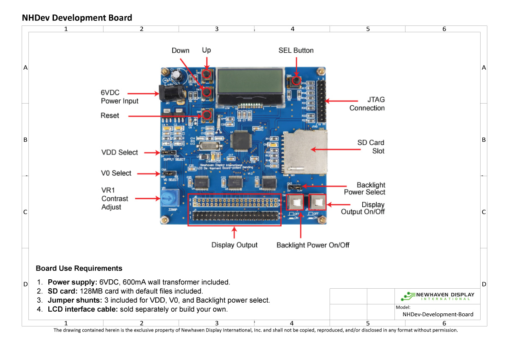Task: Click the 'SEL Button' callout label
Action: coord(296,51)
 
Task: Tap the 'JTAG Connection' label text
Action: coord(367,104)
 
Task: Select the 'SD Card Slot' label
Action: coord(371,146)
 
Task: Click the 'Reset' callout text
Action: coord(110,115)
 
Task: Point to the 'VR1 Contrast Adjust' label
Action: coord(114,199)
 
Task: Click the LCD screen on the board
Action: coord(250,82)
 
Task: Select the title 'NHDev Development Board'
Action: coord(77,18)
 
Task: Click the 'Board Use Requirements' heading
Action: coord(79,268)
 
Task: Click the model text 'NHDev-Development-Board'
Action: coord(438,315)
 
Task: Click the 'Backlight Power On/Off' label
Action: coord(313,245)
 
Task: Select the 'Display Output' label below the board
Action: coord(235,245)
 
